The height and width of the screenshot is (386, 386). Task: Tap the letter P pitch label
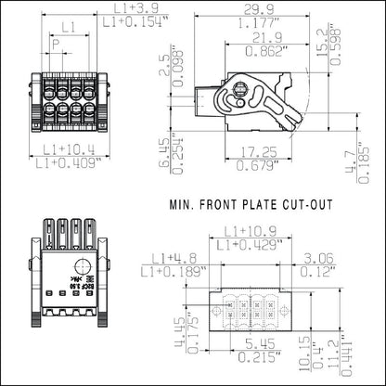coord(56,44)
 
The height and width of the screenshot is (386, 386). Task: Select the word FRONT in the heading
coord(219,204)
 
